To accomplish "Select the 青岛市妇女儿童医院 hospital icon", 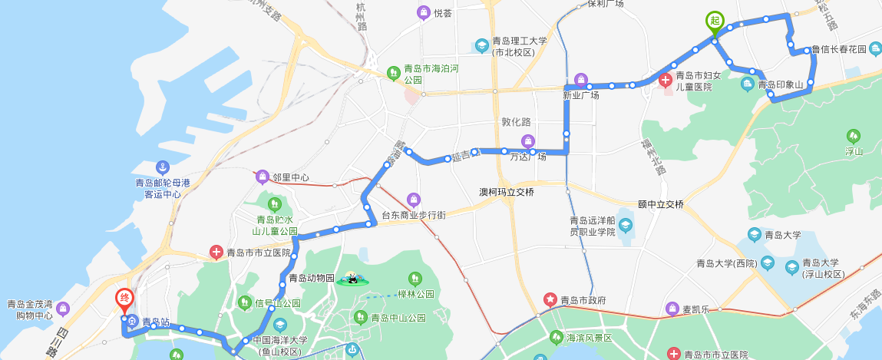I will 665,78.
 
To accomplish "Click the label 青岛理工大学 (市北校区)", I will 520,47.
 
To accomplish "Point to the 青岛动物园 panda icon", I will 351,278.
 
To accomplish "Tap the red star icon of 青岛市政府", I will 550,299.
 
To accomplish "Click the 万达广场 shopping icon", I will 527,140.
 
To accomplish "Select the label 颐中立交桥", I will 660,204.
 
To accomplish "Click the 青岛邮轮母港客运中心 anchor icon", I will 162,167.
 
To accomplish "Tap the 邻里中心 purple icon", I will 263,177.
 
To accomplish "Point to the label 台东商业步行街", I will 414,216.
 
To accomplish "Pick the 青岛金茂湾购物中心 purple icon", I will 63,309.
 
